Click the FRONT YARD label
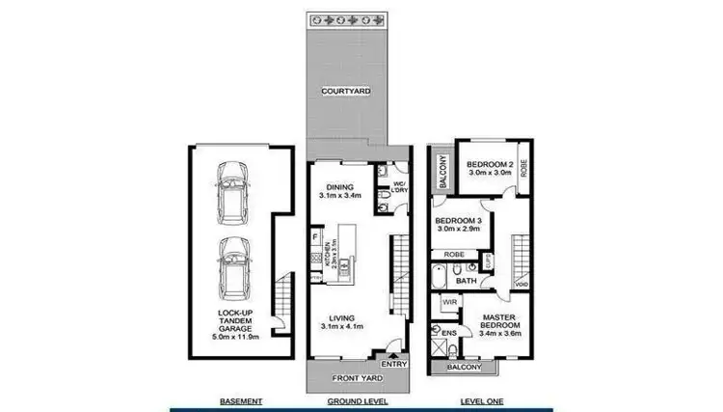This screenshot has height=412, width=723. [x=354, y=379]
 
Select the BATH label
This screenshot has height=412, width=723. [x=468, y=282]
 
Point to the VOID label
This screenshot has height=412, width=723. [x=521, y=284]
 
